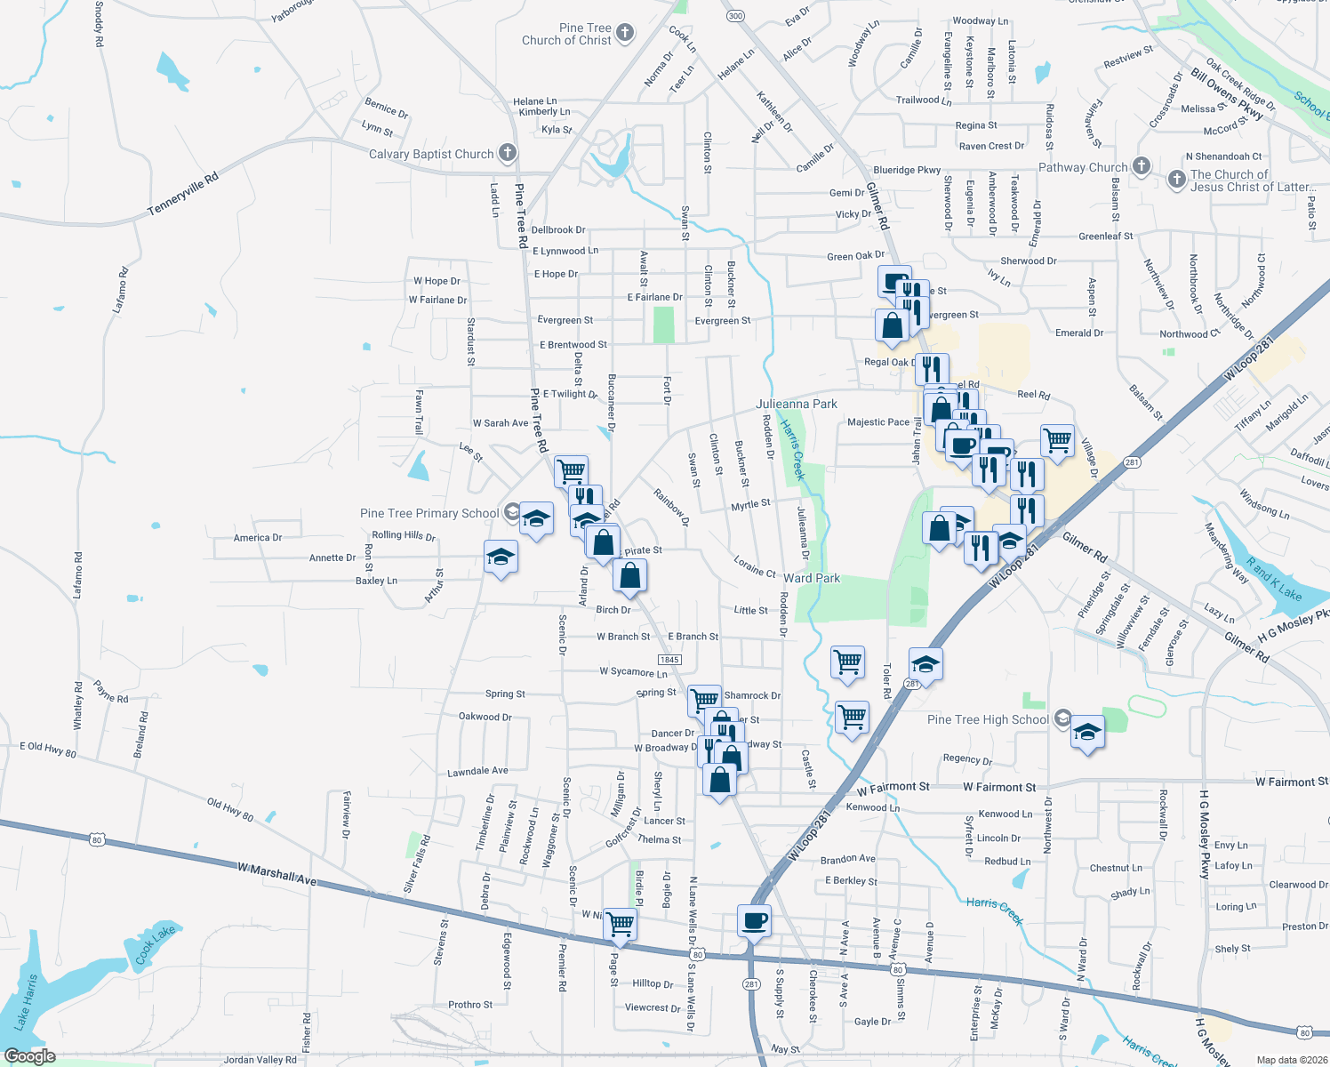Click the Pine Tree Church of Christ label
[567, 34]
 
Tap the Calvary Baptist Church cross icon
[507, 153]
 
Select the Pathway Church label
[1082, 167]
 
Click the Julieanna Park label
[796, 404]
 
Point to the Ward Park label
[811, 578]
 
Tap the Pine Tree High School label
[988, 719]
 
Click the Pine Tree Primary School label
[429, 513]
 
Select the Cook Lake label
[155, 945]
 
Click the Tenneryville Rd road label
[182, 193]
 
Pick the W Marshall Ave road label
[276, 873]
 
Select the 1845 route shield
[669, 660]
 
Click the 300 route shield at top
[734, 16]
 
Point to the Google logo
[29, 1056]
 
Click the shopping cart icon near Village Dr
[1057, 439]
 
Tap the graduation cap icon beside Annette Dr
[501, 557]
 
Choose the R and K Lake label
[1273, 579]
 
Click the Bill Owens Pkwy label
[1227, 93]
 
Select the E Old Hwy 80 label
[48, 749]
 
